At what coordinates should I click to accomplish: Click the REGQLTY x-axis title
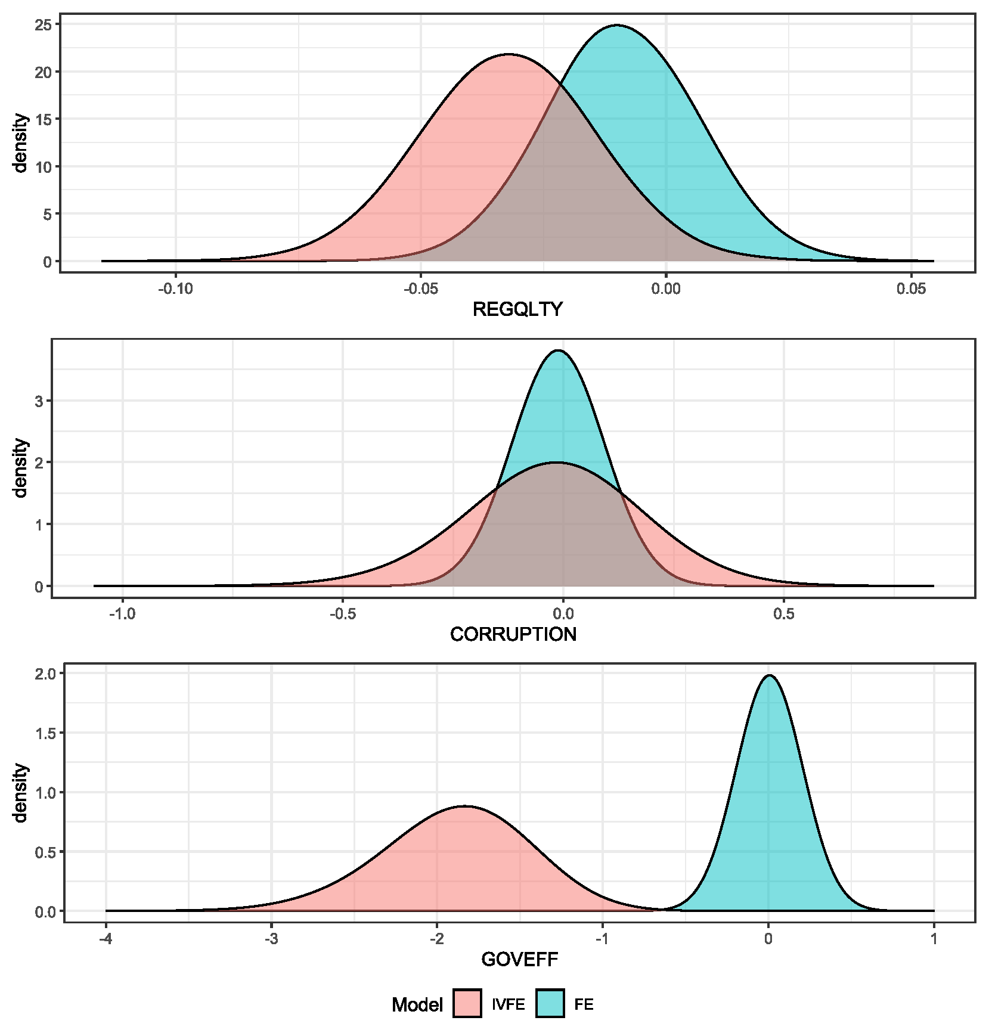point(517,309)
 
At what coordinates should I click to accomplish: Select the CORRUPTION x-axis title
point(513,634)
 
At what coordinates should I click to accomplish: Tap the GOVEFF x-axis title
point(519,960)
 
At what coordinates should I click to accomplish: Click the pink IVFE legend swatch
point(467,1004)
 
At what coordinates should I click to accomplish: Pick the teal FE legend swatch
point(550,1004)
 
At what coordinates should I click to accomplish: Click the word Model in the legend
point(417,1005)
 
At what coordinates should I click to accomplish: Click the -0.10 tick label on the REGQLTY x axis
point(175,289)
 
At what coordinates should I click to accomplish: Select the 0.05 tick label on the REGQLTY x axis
point(911,289)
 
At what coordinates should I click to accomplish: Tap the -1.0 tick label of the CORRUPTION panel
point(122,615)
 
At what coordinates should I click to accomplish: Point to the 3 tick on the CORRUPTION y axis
point(39,401)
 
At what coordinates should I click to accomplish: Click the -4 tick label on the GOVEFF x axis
point(106,940)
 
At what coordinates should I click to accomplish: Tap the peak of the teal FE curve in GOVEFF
point(770,676)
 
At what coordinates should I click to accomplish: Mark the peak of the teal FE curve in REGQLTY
point(617,26)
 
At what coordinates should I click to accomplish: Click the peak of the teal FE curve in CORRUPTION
point(558,350)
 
